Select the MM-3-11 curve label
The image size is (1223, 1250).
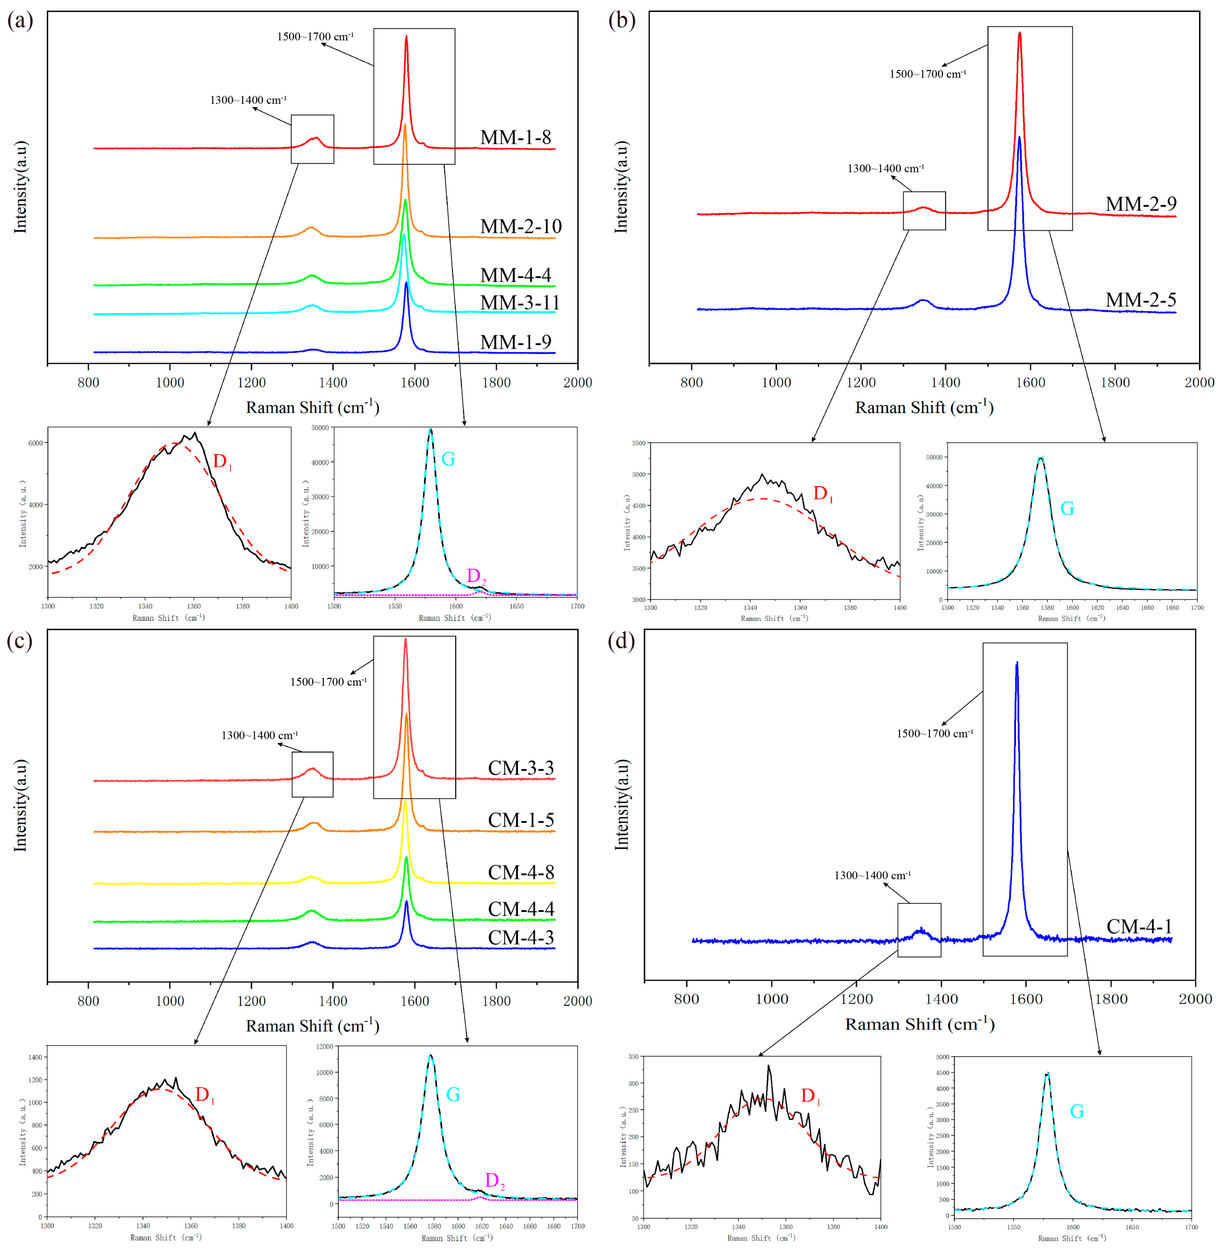coord(520,302)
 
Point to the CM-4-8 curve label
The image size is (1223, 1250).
coord(521,872)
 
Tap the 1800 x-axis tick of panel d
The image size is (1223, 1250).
coord(1111,999)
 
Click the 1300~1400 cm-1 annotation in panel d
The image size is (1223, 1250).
coord(872,876)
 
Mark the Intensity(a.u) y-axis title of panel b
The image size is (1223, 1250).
coord(621,186)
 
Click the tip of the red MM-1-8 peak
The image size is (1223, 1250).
coord(406,37)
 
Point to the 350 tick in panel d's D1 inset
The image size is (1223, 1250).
coord(633,1057)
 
